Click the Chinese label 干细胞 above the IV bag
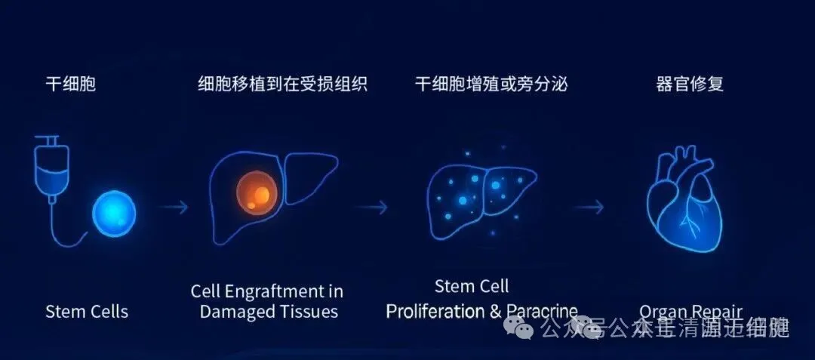71,84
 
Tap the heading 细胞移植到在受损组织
282,84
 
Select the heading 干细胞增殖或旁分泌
491,84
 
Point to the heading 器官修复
690,84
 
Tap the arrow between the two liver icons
371,207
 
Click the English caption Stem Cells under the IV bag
87,311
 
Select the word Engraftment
280,291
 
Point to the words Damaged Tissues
269,311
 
